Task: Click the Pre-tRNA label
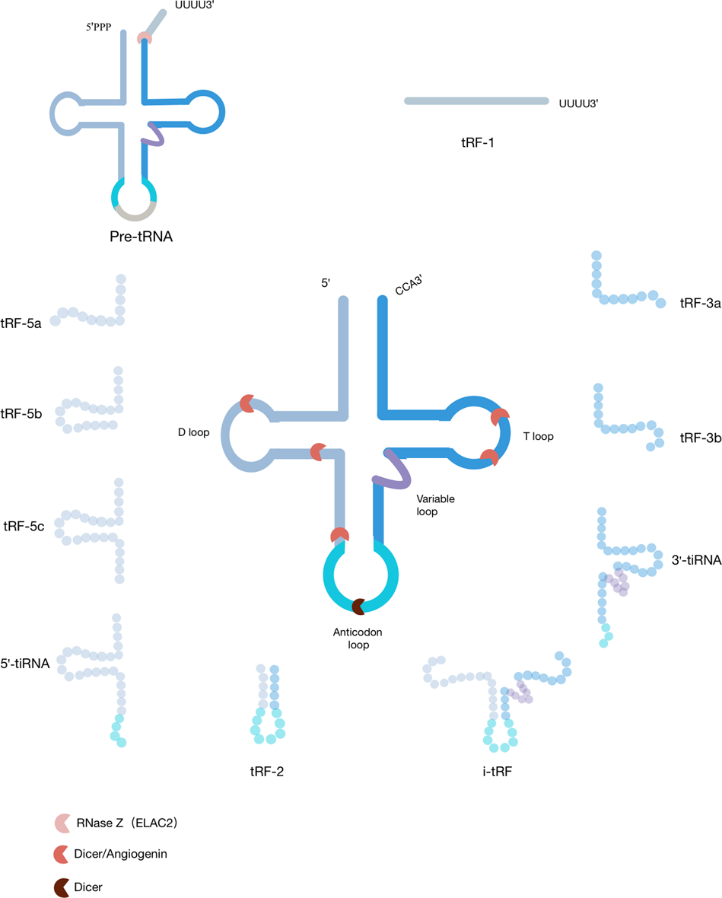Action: [141, 236]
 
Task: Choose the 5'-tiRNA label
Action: [27, 664]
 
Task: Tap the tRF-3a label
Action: [701, 303]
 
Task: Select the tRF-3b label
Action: [701, 438]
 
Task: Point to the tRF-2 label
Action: [267, 770]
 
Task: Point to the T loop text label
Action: [538, 437]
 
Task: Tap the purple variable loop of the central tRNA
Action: [394, 469]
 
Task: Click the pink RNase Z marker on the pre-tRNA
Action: [144, 39]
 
